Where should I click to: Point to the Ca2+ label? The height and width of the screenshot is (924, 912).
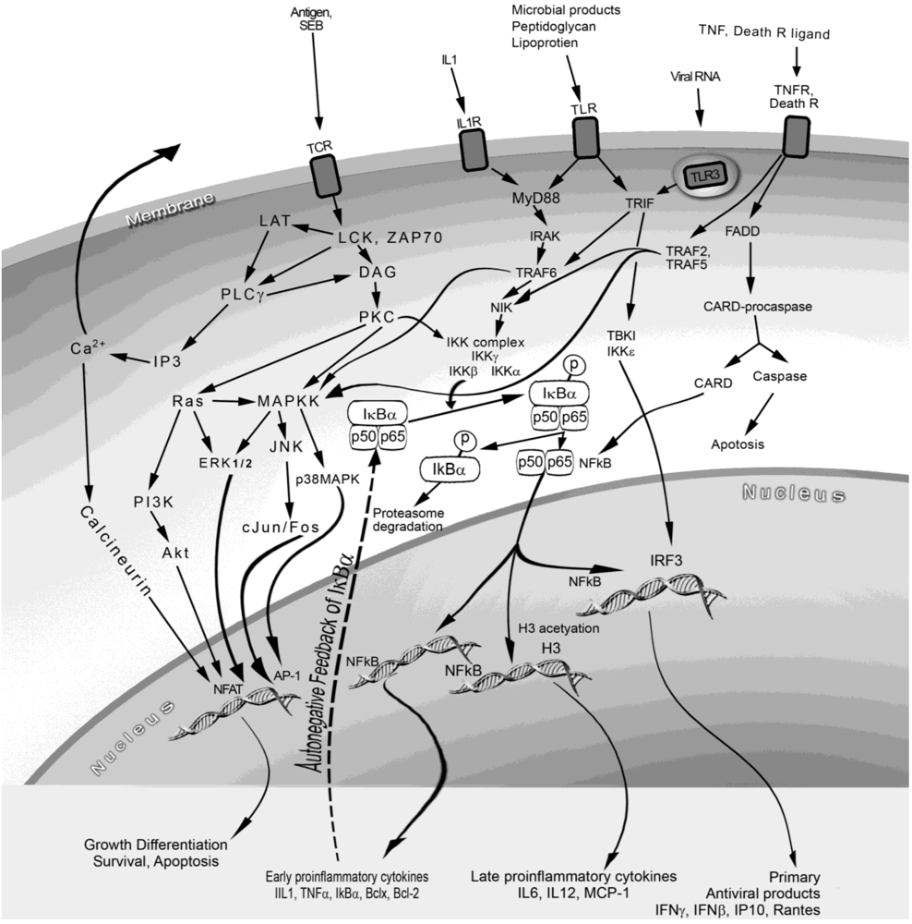click(x=86, y=348)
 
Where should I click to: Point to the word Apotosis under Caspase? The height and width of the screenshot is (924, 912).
click(x=738, y=444)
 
